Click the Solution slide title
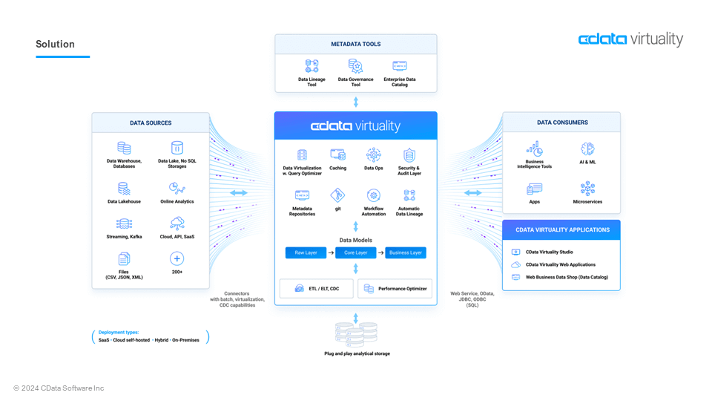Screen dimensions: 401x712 tap(56, 44)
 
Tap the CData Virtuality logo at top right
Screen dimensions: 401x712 tap(630, 39)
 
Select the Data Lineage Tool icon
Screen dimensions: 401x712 tap(311, 66)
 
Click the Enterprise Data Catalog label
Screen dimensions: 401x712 tap(400, 82)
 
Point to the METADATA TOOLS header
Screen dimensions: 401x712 tap(355, 44)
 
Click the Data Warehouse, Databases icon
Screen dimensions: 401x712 tap(124, 148)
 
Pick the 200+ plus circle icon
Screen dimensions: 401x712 tap(177, 258)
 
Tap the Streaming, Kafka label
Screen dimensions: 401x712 tap(124, 236)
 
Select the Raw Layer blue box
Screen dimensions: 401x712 tap(306, 252)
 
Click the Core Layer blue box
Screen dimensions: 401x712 tap(355, 252)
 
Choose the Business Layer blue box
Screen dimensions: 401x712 tap(406, 252)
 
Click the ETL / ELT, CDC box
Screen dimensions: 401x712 tap(316, 288)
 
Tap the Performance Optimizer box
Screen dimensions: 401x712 tap(395, 288)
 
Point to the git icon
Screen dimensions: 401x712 tap(337, 195)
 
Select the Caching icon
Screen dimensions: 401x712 tap(337, 155)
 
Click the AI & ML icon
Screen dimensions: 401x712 tap(587, 149)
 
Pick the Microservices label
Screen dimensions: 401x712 tap(587, 201)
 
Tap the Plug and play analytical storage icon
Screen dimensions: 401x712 tap(356, 334)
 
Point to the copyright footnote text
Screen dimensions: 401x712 tap(59, 388)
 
